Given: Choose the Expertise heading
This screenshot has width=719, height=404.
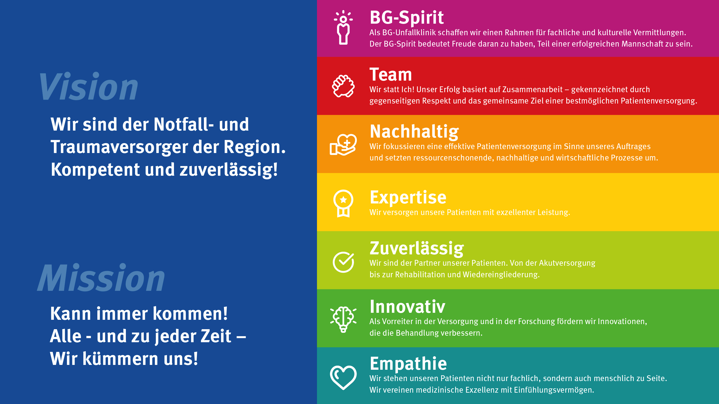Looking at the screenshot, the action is tap(408, 197).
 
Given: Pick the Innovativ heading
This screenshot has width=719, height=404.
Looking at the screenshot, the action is tap(407, 307).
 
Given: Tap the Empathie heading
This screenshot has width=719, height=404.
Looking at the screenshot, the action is tap(408, 364).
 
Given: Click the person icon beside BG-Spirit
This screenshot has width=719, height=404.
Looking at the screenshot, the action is tap(343, 27).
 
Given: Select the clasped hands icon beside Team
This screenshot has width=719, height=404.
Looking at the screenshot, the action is tap(343, 86).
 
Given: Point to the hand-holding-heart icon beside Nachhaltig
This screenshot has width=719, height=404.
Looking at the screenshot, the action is tap(343, 144).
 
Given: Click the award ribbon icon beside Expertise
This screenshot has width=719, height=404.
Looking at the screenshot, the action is tap(343, 203).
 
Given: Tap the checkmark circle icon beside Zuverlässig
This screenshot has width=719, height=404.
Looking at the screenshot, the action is tap(343, 262).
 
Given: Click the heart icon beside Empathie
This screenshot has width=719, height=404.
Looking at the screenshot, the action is tap(343, 377).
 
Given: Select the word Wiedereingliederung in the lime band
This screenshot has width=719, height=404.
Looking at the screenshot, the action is tap(501, 275).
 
